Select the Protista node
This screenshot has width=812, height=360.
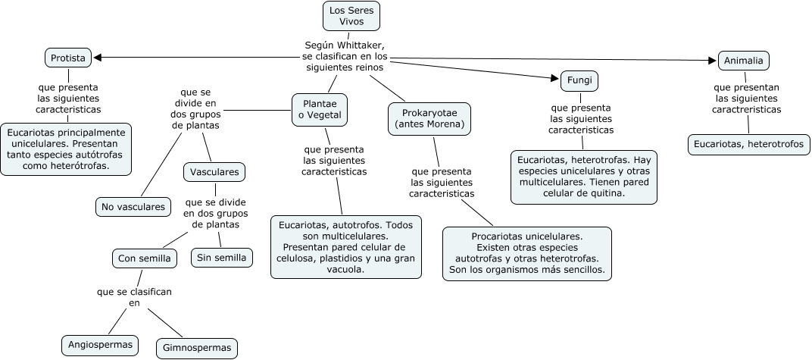tap(68, 57)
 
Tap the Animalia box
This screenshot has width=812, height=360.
tap(744, 60)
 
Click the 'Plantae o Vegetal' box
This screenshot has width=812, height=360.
tap(320, 109)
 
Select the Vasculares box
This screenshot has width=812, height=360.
tap(215, 172)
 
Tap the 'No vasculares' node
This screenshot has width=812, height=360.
tap(133, 206)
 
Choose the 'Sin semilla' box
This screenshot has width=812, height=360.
tap(221, 257)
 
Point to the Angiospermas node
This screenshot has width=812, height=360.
tap(100, 345)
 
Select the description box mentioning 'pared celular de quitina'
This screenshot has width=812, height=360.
tap(583, 177)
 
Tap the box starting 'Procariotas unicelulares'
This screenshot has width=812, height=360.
tap(527, 253)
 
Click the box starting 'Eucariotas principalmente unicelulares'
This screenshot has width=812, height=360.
tap(67, 149)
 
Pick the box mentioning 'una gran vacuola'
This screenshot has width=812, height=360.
tap(346, 246)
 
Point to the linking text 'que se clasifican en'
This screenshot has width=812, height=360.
tap(135, 297)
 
